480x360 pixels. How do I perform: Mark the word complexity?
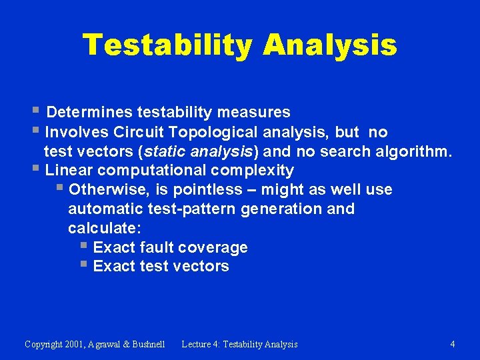[x=257, y=171]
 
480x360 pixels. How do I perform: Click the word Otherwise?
[x=109, y=190]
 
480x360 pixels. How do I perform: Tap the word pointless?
[x=215, y=190]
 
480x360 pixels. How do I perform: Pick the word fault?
[x=158, y=248]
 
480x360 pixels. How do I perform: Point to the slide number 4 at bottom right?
[x=453, y=344]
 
